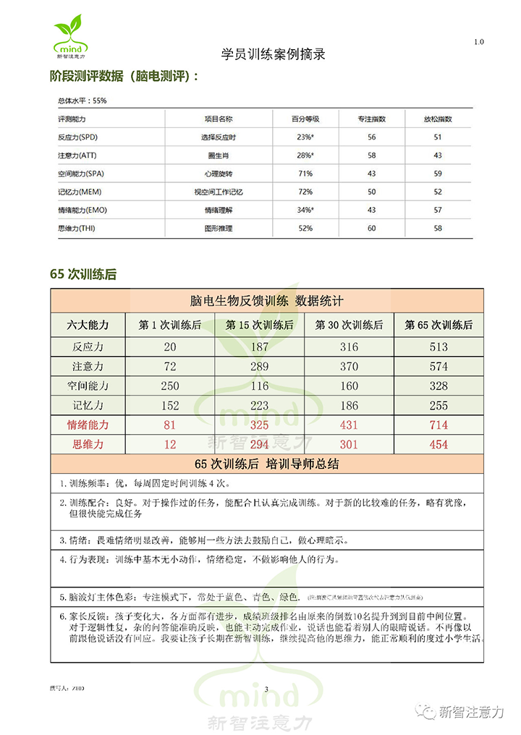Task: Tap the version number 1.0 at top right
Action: (x=479, y=42)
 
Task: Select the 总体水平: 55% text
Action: (x=82, y=101)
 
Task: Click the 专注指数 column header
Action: (x=371, y=119)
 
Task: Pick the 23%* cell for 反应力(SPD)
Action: (x=305, y=137)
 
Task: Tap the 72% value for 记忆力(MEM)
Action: (x=305, y=192)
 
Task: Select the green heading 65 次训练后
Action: (x=83, y=274)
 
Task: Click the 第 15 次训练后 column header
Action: (x=260, y=325)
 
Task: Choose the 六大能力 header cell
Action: (x=88, y=325)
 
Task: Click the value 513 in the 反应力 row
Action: (x=439, y=347)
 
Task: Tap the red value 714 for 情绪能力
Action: (x=439, y=425)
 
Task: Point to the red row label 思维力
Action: (x=88, y=444)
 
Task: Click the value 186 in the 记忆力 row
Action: (x=349, y=405)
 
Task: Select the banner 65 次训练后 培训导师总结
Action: (x=267, y=463)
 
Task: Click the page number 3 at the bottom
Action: (x=266, y=689)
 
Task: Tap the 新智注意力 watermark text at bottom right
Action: (x=471, y=712)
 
